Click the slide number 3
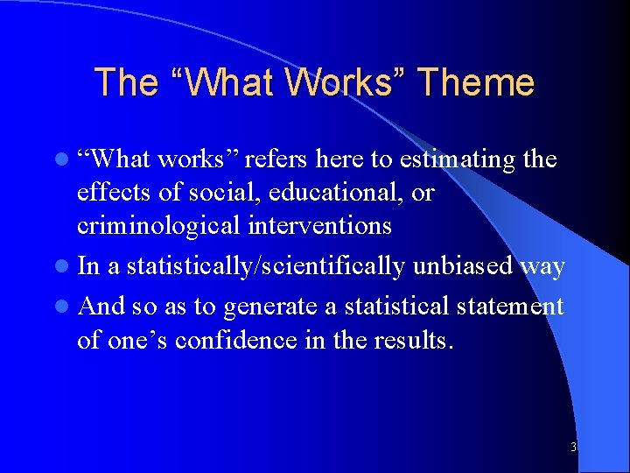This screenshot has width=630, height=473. pyautogui.click(x=573, y=447)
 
